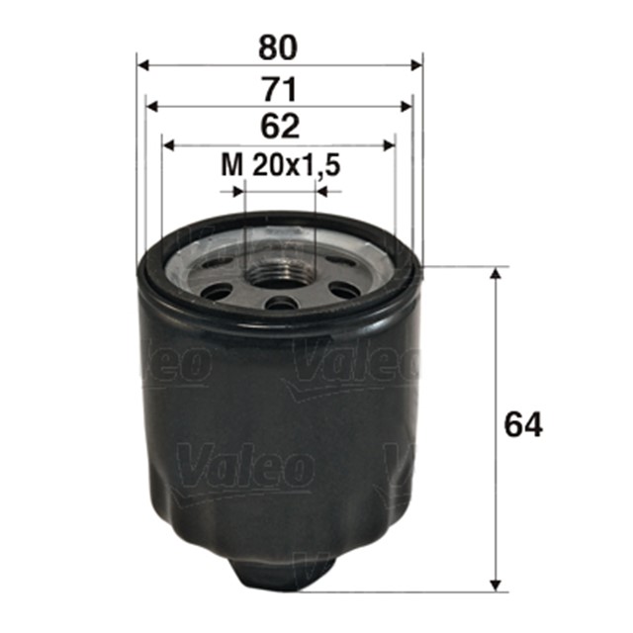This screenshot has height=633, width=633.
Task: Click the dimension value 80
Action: (280, 45)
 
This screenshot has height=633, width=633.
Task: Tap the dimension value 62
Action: (280, 126)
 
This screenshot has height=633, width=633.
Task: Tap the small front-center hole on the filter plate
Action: (282, 303)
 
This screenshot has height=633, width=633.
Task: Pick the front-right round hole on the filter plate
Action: (343, 290)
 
